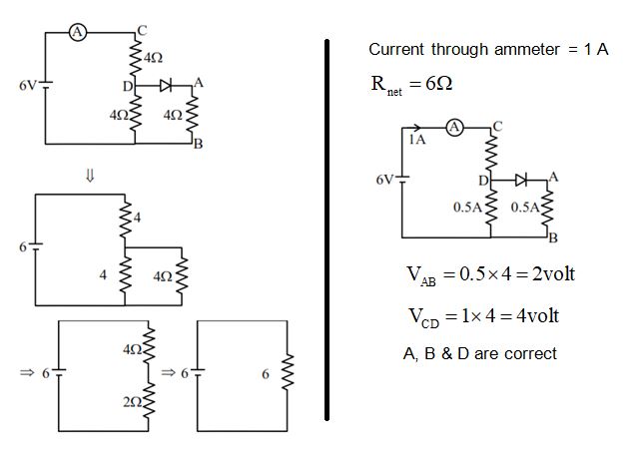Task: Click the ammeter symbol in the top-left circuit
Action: click(78, 32)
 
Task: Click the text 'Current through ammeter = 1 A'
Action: click(488, 50)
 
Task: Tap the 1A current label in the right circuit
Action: click(416, 142)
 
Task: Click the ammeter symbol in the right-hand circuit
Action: click(454, 128)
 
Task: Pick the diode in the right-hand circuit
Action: click(521, 180)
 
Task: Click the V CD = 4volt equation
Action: click(483, 316)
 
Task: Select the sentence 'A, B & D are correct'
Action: click(478, 354)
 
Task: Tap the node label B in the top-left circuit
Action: click(198, 144)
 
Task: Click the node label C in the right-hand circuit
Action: click(497, 124)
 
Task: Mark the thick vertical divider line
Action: click(327, 230)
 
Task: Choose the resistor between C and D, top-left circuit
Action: click(135, 58)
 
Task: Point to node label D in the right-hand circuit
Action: click(482, 181)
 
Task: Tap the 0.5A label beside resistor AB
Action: click(524, 209)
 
